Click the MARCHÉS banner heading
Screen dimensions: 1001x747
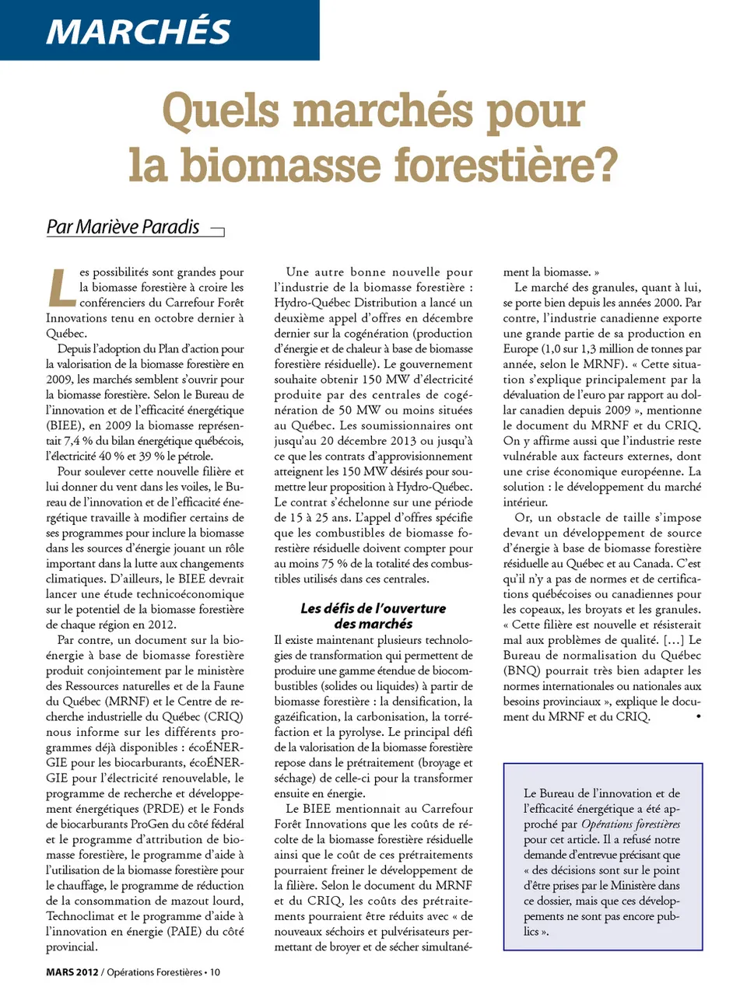(139, 31)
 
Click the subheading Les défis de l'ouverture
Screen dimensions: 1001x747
(373, 609)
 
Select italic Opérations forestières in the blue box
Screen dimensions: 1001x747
(630, 824)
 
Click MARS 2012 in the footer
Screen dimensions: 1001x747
(72, 972)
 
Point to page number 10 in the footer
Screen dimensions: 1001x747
(215, 972)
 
